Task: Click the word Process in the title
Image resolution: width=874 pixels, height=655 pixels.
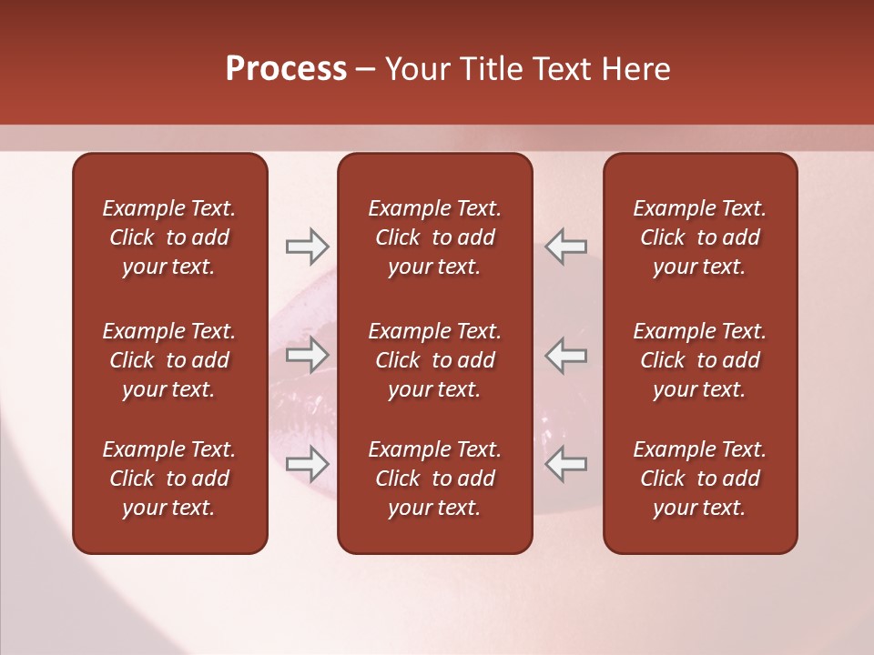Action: pyautogui.click(x=286, y=69)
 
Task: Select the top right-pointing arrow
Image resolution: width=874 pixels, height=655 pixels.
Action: pyautogui.click(x=307, y=246)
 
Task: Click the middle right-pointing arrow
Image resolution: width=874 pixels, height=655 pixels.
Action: pyautogui.click(x=307, y=355)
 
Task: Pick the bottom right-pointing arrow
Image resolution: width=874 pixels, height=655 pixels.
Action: pyautogui.click(x=307, y=464)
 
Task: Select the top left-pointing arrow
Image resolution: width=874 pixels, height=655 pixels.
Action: pyautogui.click(x=565, y=246)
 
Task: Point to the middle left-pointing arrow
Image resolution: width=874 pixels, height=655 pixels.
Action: pyautogui.click(x=565, y=355)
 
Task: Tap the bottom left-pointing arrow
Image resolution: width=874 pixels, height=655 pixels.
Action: pyautogui.click(x=565, y=464)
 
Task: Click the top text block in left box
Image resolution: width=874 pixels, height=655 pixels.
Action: pyautogui.click(x=169, y=237)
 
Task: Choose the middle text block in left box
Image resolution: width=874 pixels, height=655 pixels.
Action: pyautogui.click(x=169, y=360)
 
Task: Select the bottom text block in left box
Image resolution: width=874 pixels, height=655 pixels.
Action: pyautogui.click(x=169, y=479)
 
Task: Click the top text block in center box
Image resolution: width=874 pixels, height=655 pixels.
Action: pyautogui.click(x=435, y=237)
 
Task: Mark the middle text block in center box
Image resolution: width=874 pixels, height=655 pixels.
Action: pyautogui.click(x=435, y=360)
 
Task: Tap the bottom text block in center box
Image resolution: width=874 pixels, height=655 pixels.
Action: pyautogui.click(x=435, y=479)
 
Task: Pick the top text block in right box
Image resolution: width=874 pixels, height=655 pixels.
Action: pyautogui.click(x=700, y=237)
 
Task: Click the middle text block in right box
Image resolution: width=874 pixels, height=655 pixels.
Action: pyautogui.click(x=700, y=360)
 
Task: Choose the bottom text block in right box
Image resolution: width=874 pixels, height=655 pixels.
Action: pyautogui.click(x=700, y=479)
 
